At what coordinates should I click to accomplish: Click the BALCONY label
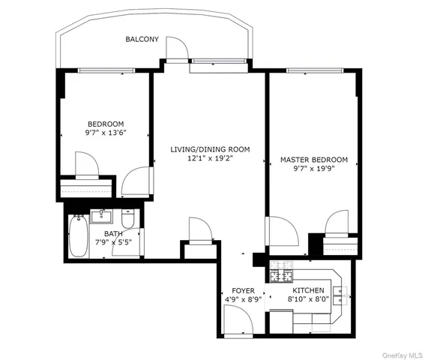[142, 39]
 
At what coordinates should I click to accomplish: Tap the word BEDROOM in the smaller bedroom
[106, 124]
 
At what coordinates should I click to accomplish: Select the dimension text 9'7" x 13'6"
[106, 133]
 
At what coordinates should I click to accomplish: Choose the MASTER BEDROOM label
[314, 160]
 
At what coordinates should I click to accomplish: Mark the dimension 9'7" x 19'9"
[314, 169]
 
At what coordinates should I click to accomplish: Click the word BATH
[113, 234]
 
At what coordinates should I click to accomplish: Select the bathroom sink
[101, 217]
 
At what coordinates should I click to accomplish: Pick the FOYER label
[243, 291]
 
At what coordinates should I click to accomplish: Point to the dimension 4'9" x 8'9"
[243, 300]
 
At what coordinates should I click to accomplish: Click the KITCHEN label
[308, 290]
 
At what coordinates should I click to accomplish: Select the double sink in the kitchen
[341, 293]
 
